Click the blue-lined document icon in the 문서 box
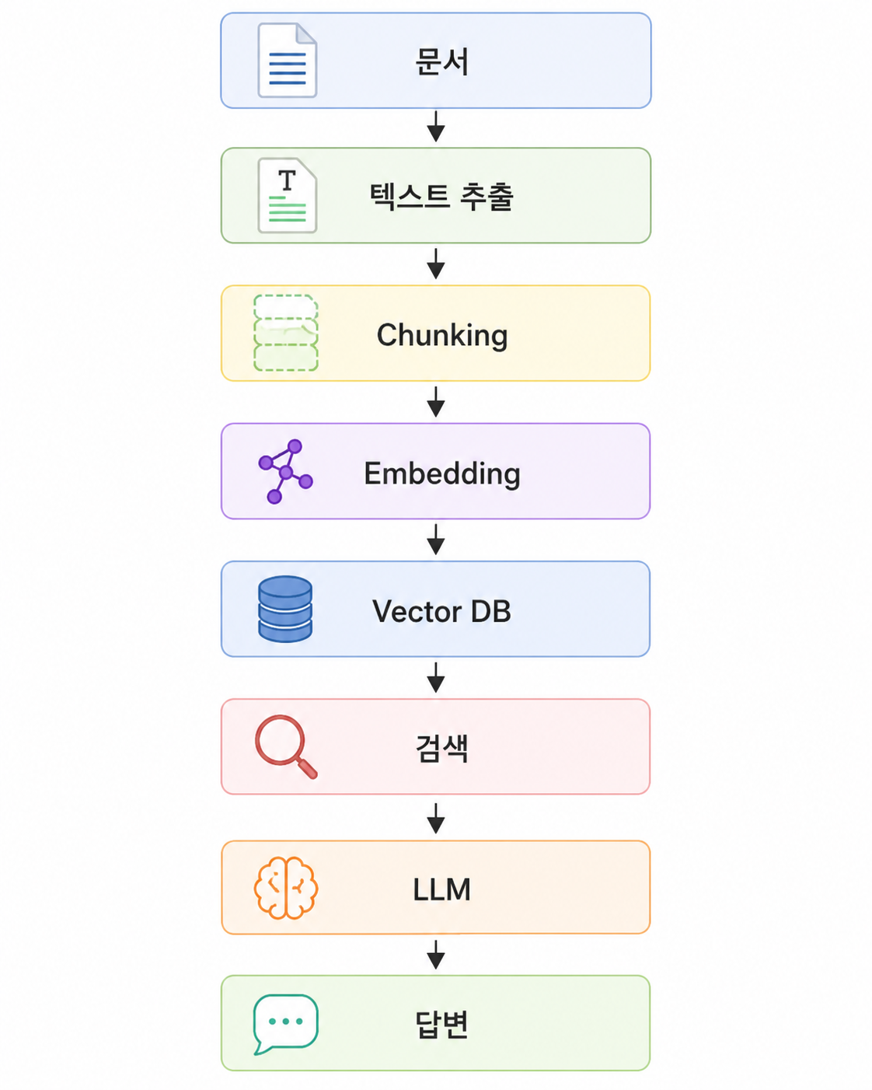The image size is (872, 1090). [287, 61]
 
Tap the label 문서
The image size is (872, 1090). [441, 61]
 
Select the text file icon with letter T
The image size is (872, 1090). [287, 195]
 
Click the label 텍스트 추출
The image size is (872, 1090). [441, 197]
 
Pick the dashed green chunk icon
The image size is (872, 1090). [285, 333]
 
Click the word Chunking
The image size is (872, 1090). [442, 335]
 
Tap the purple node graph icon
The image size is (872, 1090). [285, 472]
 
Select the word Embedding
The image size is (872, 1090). [442, 474]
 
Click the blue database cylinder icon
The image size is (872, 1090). [285, 610]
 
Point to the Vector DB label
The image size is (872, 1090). [441, 611]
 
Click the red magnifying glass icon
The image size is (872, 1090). [286, 746]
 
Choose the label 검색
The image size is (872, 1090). [441, 748]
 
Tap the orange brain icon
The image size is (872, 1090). [285, 888]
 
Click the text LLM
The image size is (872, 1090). [441, 890]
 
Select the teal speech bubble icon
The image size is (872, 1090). [285, 1025]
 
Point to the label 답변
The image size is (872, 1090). [441, 1025]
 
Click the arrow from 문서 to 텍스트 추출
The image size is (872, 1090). [436, 127]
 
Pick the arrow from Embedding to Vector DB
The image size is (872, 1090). [436, 540]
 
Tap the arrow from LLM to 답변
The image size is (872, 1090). [436, 954]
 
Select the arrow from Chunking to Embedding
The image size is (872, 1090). [436, 402]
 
